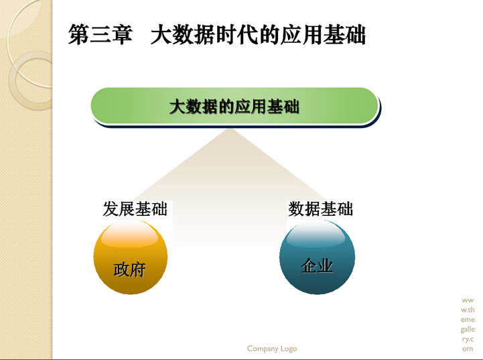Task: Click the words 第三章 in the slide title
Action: click(100, 34)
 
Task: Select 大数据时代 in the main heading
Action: click(204, 34)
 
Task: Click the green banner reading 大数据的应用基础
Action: click(234, 106)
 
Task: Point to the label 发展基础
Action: click(135, 209)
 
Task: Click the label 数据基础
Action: click(320, 209)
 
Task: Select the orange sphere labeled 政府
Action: click(131, 256)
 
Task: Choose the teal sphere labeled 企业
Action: click(317, 256)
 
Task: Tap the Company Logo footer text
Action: click(272, 349)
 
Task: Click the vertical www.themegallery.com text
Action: click(468, 324)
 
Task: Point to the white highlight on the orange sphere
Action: click(130, 234)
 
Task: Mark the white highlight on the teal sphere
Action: click(316, 234)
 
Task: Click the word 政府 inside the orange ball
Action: click(129, 269)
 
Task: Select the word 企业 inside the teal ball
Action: click(317, 265)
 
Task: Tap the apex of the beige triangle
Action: click(230, 129)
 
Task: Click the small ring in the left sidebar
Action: click(31, 80)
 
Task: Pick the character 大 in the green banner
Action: click(178, 107)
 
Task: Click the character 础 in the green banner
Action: click(291, 107)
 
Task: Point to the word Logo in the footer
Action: click(288, 349)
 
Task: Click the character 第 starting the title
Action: click(78, 34)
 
